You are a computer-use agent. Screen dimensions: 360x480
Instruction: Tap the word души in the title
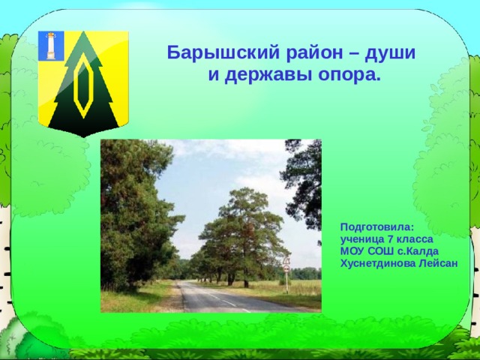click(389, 53)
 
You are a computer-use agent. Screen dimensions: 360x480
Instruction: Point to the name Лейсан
click(439, 264)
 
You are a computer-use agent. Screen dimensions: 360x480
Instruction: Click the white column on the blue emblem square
click(51, 45)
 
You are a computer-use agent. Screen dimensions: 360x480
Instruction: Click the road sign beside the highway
click(286, 264)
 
